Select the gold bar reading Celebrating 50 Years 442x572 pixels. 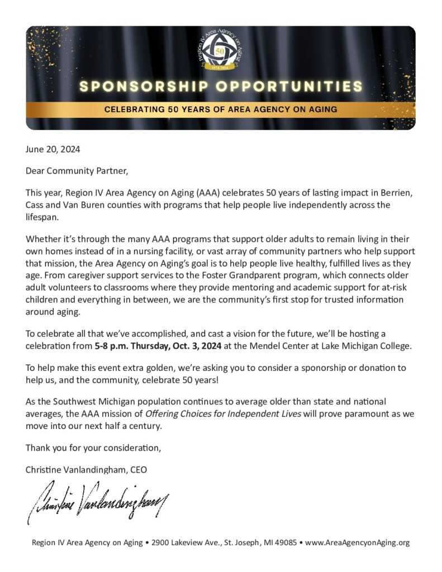pos(221,109)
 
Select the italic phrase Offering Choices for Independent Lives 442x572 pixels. pos(224,414)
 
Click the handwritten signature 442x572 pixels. pos(98,500)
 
